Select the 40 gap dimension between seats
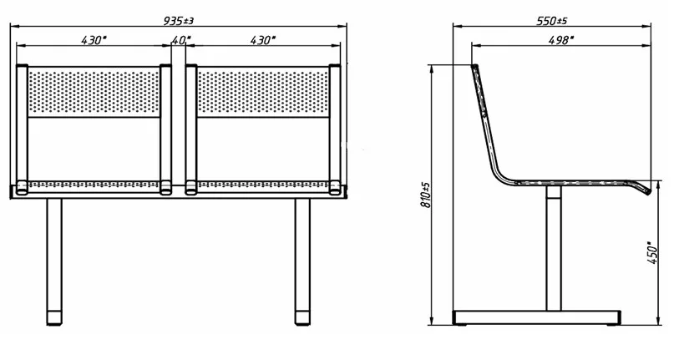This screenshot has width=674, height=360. (180, 40)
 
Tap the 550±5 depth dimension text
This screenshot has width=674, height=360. (552, 21)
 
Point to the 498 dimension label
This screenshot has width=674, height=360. (561, 40)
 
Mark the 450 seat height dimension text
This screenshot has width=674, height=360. (652, 252)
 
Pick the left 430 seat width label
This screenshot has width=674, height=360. (94, 40)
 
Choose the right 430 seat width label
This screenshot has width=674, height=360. (262, 40)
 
